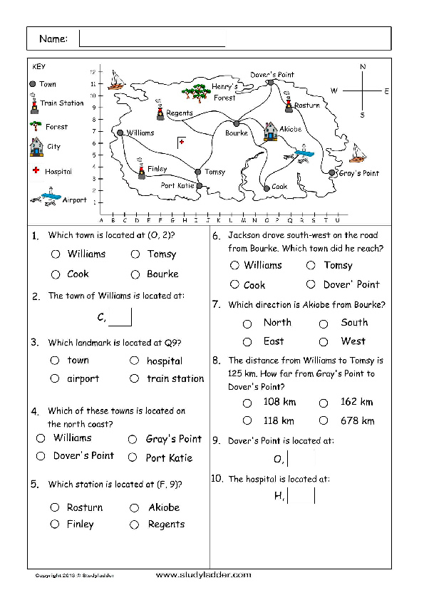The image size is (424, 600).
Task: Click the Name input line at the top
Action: click(x=152, y=46)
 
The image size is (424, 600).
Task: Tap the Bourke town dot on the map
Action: click(x=237, y=123)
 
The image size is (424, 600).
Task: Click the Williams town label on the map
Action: click(x=140, y=133)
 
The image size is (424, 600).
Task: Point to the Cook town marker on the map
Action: click(x=267, y=188)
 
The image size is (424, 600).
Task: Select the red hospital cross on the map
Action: click(x=182, y=142)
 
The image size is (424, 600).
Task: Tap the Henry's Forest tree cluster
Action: click(x=196, y=93)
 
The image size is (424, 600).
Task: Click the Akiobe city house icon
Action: click(x=270, y=131)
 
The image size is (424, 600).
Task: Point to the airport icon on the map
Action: click(x=301, y=154)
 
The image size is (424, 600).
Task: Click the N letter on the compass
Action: click(x=363, y=66)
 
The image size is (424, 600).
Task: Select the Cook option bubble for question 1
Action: click(x=56, y=274)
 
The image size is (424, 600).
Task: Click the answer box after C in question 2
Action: click(x=120, y=317)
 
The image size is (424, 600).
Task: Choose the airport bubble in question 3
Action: click(x=55, y=378)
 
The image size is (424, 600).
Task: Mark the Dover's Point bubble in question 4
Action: click(x=41, y=456)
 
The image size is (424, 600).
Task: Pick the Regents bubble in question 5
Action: click(x=134, y=524)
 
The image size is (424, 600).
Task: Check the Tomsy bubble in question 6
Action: click(x=311, y=265)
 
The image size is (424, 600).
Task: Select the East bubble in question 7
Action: click(x=247, y=342)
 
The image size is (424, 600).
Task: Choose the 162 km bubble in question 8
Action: click(x=324, y=403)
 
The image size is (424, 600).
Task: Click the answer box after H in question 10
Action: click(x=301, y=496)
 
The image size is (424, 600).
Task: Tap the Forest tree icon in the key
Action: click(x=36, y=125)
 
